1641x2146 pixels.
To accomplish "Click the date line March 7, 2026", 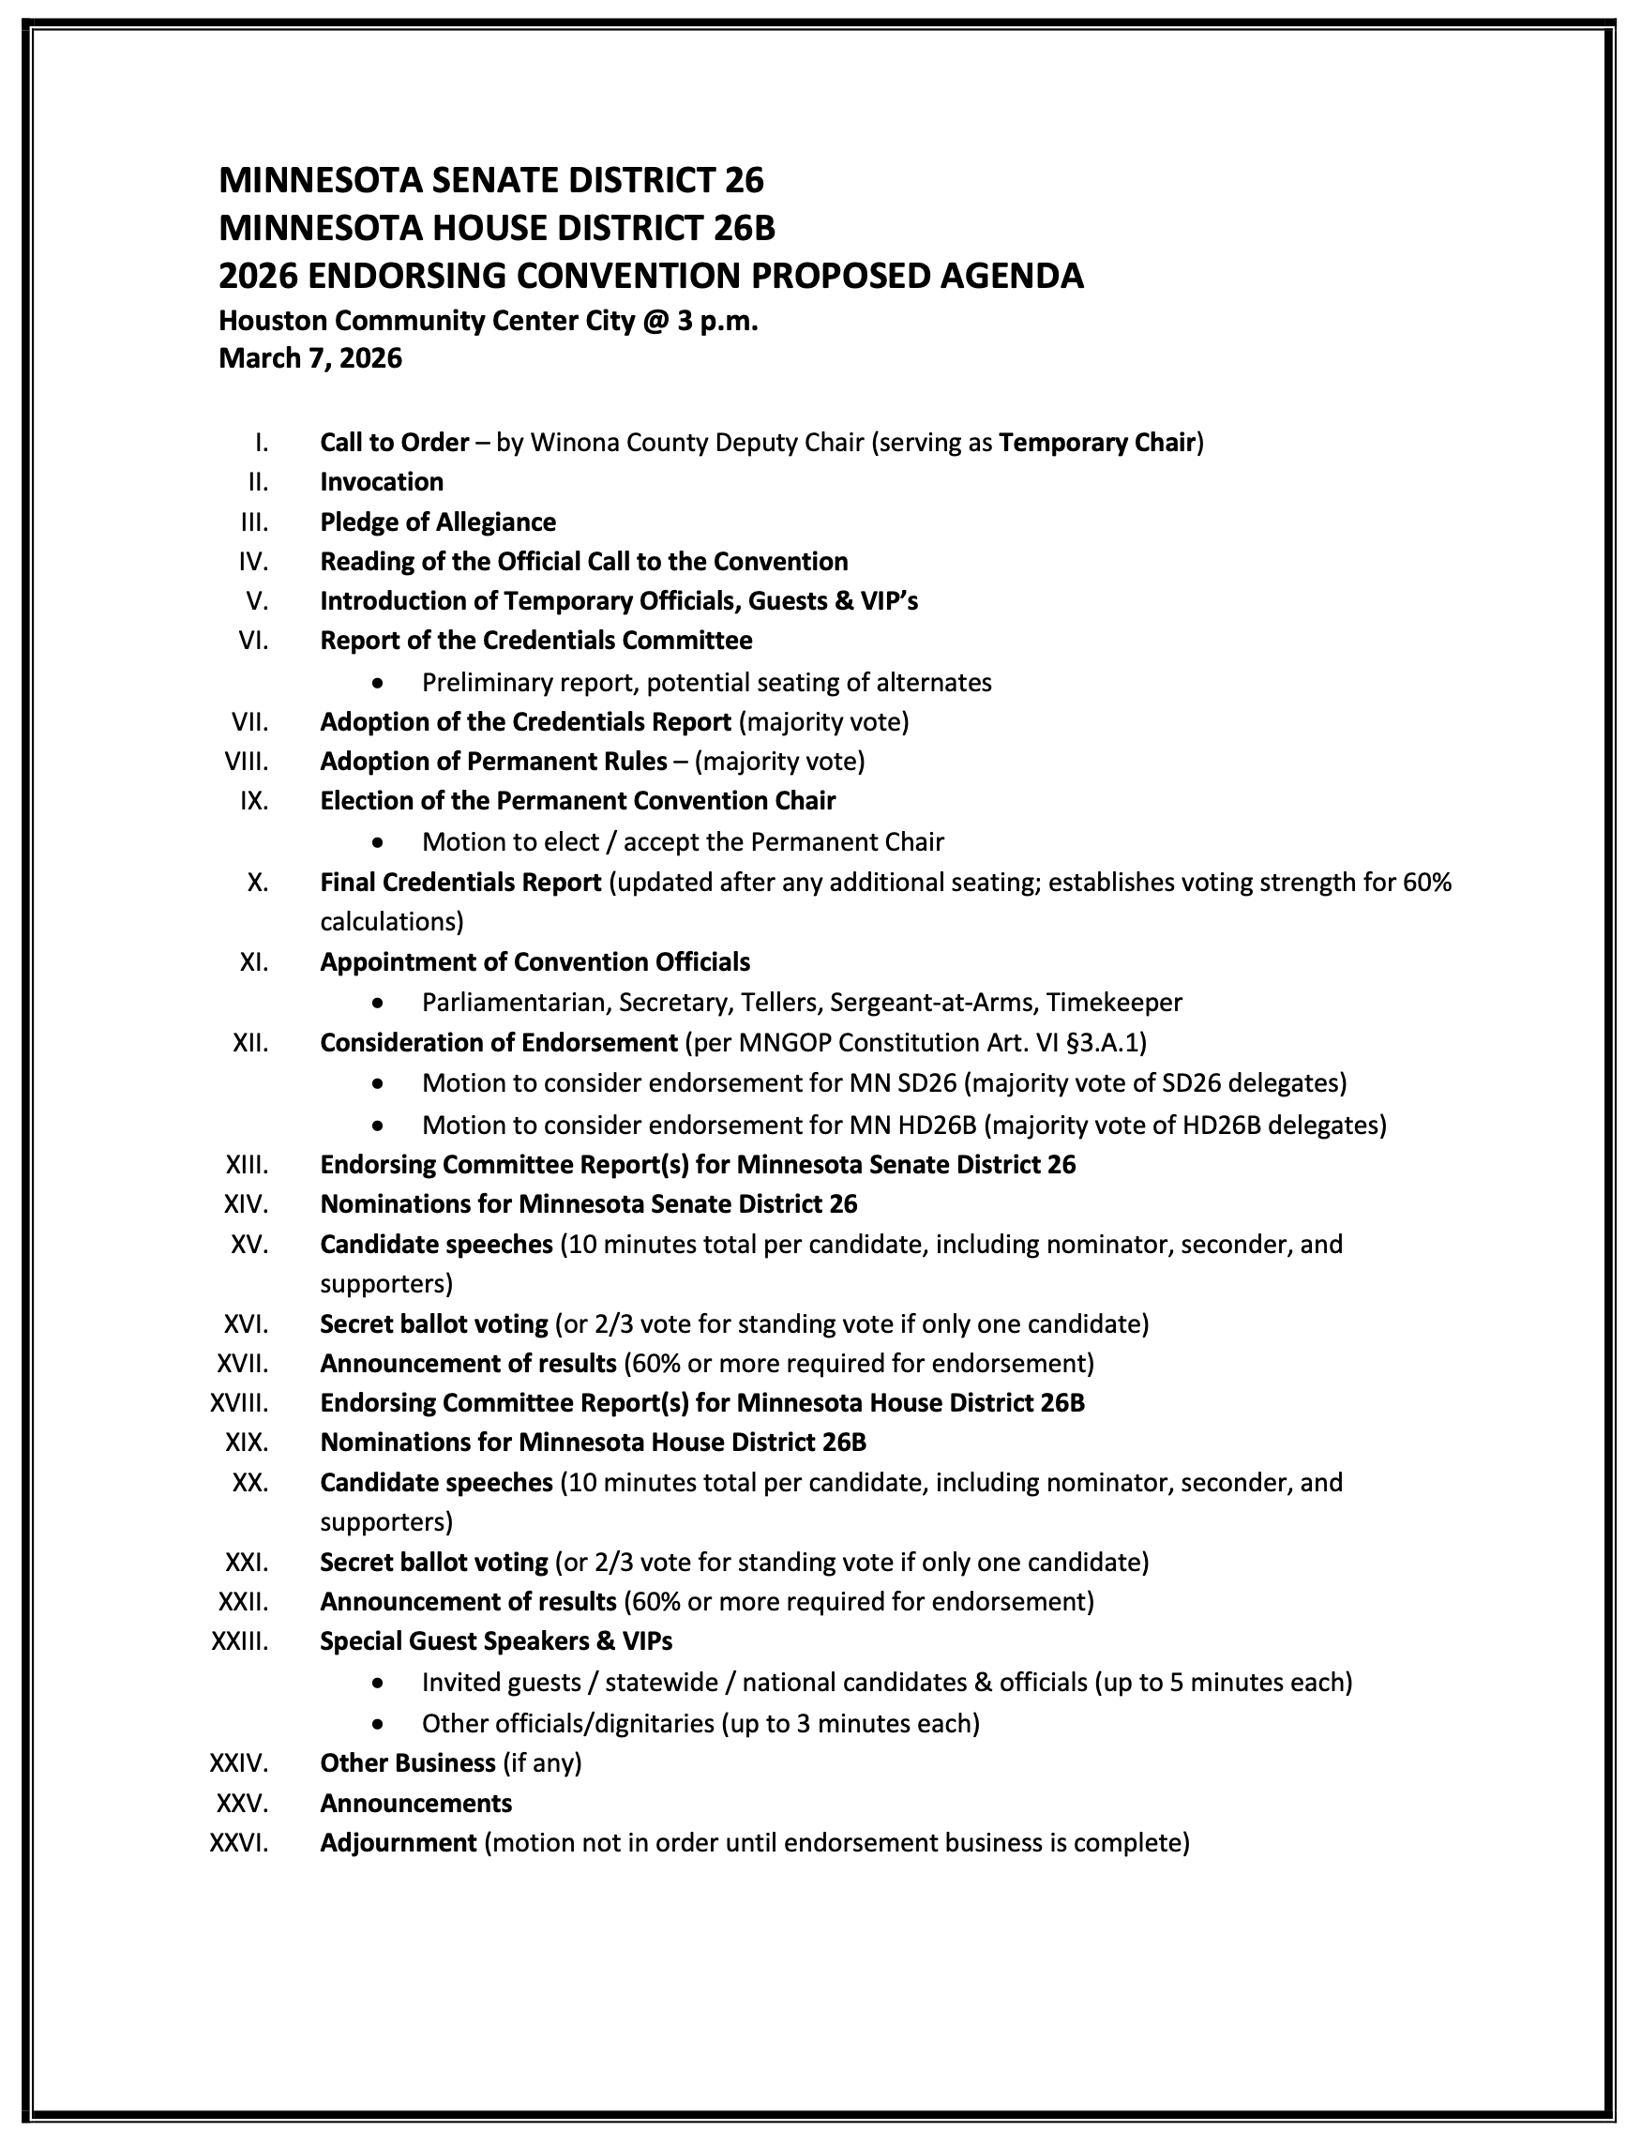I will point(309,358).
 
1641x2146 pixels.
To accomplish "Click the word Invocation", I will point(381,481).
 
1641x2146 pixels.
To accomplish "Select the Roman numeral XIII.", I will point(248,1164).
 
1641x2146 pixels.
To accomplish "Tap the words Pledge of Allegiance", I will point(438,521).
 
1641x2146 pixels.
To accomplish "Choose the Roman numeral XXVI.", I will point(239,1843).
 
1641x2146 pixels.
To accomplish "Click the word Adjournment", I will point(398,1843).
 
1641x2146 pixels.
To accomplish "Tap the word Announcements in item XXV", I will point(415,1803).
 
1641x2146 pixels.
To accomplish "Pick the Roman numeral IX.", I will point(254,801).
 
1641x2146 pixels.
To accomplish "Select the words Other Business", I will point(407,1763).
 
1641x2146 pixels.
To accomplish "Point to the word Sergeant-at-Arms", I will point(937,1002).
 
